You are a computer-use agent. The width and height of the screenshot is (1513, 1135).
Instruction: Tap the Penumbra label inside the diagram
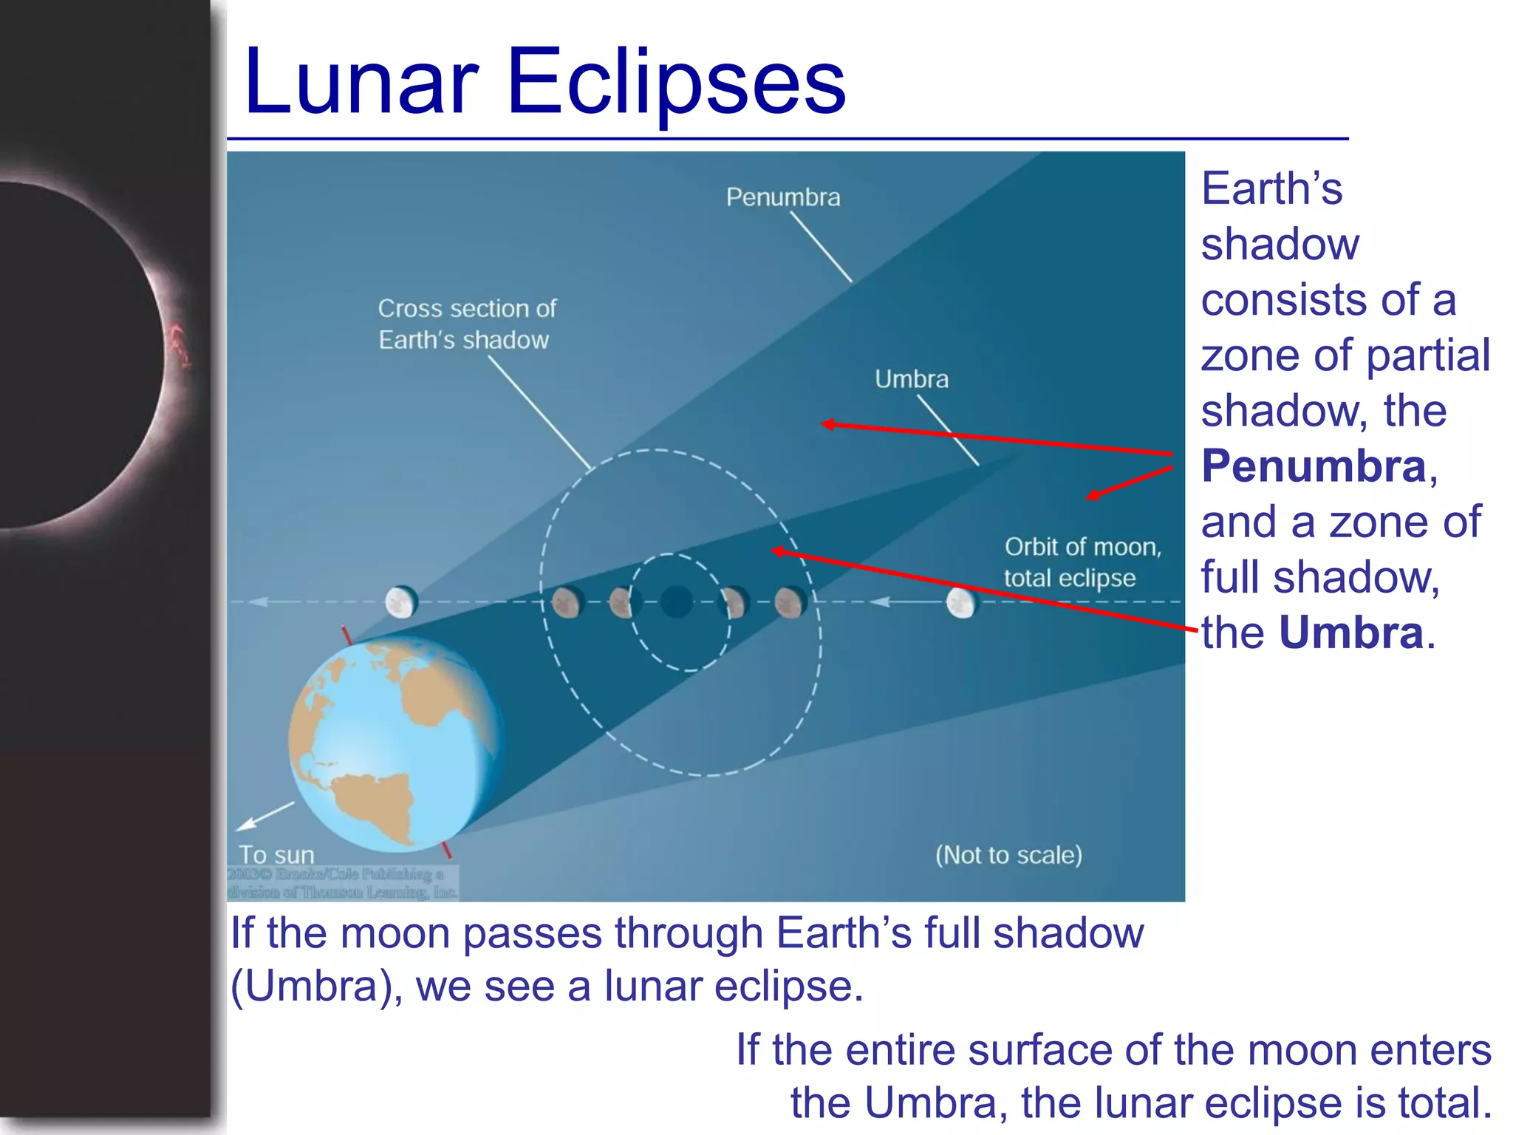pyautogui.click(x=783, y=197)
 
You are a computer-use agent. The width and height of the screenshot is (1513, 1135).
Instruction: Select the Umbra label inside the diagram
pyautogui.click(x=912, y=379)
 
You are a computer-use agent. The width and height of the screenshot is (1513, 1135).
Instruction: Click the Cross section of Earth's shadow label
pyautogui.click(x=467, y=324)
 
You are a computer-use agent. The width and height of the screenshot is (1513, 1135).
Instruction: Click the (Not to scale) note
pyautogui.click(x=1008, y=855)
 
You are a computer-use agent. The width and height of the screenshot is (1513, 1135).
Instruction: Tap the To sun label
pyautogui.click(x=276, y=855)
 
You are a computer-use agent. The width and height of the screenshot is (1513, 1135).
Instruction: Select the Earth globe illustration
pyautogui.click(x=395, y=743)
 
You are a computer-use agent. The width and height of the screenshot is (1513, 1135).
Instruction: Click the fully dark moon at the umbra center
pyautogui.click(x=676, y=601)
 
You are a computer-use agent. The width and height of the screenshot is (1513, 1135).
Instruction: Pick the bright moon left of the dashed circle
pyautogui.click(x=401, y=602)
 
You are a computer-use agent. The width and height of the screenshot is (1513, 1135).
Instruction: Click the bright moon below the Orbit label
pyautogui.click(x=961, y=603)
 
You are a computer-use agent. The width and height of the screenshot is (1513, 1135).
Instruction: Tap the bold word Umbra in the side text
pyautogui.click(x=1351, y=633)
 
